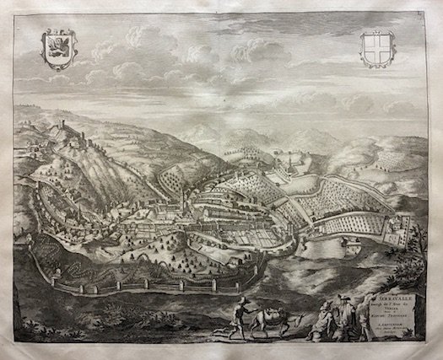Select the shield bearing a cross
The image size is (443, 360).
[x=377, y=48]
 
